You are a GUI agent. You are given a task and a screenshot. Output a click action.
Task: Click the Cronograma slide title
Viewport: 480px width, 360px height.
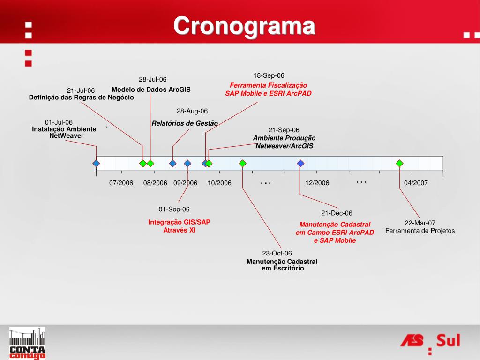click(x=244, y=26)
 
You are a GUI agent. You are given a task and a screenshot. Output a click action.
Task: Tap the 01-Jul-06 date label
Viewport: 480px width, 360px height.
click(x=59, y=122)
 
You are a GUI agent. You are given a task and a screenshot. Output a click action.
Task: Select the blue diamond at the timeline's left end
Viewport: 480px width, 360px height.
click(x=97, y=164)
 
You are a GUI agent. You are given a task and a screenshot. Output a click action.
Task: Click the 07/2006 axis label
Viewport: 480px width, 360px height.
click(x=121, y=183)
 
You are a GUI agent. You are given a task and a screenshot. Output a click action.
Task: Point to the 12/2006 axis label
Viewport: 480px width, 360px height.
click(x=317, y=183)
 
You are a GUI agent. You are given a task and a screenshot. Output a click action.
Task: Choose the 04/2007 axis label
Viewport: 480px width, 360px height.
click(x=416, y=183)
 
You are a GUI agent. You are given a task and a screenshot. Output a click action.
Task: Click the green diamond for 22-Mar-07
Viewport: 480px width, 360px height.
click(x=399, y=164)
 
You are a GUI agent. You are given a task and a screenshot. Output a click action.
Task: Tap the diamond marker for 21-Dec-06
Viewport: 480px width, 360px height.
click(x=300, y=164)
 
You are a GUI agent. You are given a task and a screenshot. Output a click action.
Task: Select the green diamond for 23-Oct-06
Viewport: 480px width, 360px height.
click(x=242, y=164)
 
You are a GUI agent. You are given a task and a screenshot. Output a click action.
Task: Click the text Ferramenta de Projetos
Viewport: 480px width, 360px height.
click(x=420, y=231)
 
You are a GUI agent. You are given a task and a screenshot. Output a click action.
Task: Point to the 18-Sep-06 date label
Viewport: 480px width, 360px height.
click(x=269, y=75)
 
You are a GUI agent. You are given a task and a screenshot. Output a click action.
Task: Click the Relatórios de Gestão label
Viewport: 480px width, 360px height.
click(x=185, y=123)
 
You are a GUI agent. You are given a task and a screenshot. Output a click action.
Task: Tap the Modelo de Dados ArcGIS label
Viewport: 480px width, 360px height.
click(x=151, y=90)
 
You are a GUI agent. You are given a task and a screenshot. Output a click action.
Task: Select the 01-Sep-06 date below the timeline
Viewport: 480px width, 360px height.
click(x=174, y=210)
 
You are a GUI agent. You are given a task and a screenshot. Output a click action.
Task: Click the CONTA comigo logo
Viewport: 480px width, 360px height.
click(x=28, y=343)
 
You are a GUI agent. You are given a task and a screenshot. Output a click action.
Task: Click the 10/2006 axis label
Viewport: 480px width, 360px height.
click(x=219, y=183)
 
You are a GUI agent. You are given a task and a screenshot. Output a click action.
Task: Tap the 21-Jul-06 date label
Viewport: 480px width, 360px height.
click(x=81, y=90)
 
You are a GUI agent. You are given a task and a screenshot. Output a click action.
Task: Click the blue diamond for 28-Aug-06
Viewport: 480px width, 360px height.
click(x=172, y=164)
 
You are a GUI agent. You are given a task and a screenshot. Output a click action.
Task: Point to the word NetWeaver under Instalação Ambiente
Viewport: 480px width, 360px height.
click(x=67, y=135)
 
